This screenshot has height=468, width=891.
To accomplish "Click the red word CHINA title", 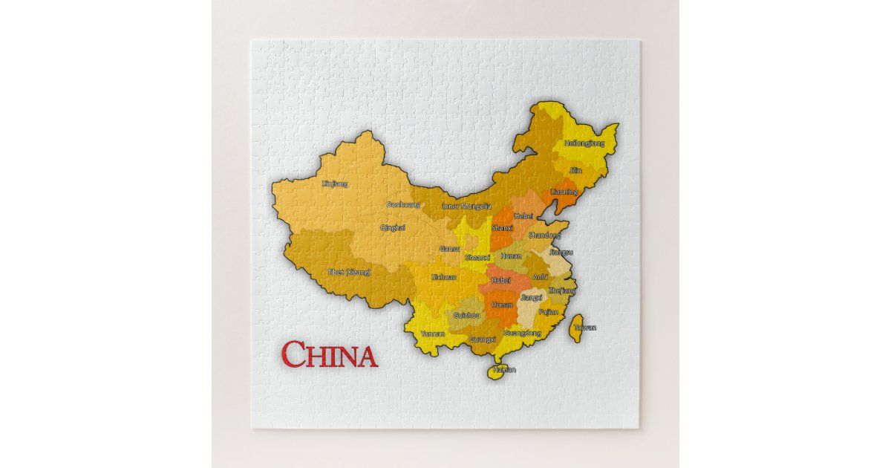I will (330, 355).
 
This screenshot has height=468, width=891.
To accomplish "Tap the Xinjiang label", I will (335, 183).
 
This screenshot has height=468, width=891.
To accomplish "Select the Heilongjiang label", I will (584, 143).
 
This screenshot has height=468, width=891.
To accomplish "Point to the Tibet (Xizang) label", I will (349, 272).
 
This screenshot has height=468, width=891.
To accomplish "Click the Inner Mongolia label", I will (466, 206).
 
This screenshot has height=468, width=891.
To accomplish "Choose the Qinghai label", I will (393, 227).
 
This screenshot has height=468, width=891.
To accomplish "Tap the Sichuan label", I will (444, 277).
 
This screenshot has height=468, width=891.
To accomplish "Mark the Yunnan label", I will (433, 334).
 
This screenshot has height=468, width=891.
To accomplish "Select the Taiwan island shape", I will (576, 328).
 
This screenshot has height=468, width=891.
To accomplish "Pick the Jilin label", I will (575, 170).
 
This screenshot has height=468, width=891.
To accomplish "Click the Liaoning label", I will (563, 192).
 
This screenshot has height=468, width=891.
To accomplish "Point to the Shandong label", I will (544, 235).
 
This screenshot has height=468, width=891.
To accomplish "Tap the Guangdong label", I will (523, 334).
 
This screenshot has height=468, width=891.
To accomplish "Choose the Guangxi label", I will (483, 339).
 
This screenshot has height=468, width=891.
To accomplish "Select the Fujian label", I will (548, 313).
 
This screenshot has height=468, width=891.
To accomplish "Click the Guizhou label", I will (466, 315).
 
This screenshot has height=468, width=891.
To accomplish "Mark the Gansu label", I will (449, 249).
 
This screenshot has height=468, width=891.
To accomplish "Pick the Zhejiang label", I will (562, 290).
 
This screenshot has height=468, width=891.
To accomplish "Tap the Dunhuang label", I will (403, 204).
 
